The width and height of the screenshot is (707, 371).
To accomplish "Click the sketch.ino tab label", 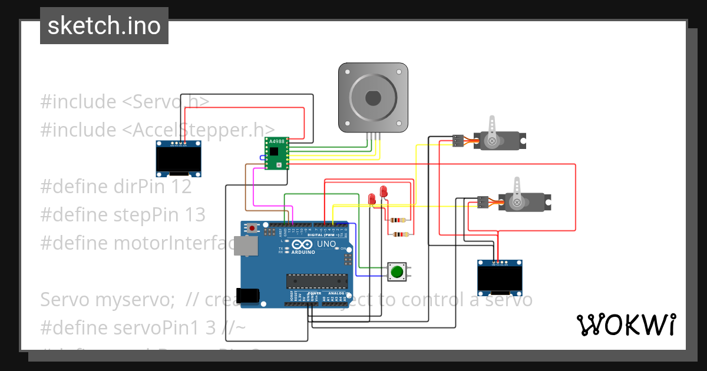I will click(x=104, y=26).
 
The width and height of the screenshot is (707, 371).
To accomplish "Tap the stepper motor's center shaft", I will click(x=372, y=98).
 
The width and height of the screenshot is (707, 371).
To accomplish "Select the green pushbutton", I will click(x=397, y=271).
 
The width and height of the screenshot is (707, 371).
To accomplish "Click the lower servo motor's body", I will click(x=524, y=202).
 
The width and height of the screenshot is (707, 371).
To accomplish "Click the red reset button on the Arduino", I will click(x=253, y=228).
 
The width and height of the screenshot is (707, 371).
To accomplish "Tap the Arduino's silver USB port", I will click(x=245, y=246).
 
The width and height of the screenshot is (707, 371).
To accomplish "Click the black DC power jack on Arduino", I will click(x=246, y=295).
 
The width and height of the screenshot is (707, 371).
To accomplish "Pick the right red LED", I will click(x=383, y=191).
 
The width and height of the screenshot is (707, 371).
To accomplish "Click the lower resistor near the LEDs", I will click(x=401, y=234).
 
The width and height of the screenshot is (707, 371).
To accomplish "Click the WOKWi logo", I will click(x=626, y=324).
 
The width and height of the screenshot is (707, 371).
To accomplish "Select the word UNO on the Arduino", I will click(x=326, y=244).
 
